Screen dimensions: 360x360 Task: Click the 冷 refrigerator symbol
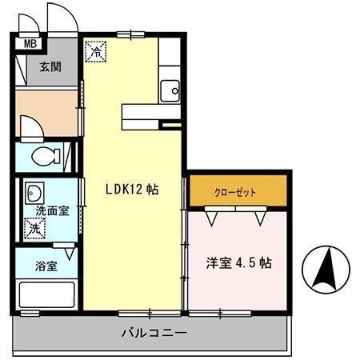pyautogui.click(x=95, y=52)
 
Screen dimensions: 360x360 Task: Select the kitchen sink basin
pyautogui.click(x=170, y=90)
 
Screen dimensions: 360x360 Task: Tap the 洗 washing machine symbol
pyautogui.click(x=34, y=228)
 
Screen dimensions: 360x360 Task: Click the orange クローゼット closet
pyautogui.click(x=237, y=192)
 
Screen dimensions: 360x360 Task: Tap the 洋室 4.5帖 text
pyautogui.click(x=237, y=263)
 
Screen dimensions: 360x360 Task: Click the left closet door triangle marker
pyautogui.click(x=211, y=215)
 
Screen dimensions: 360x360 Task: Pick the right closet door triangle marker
pyautogui.click(x=261, y=215)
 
